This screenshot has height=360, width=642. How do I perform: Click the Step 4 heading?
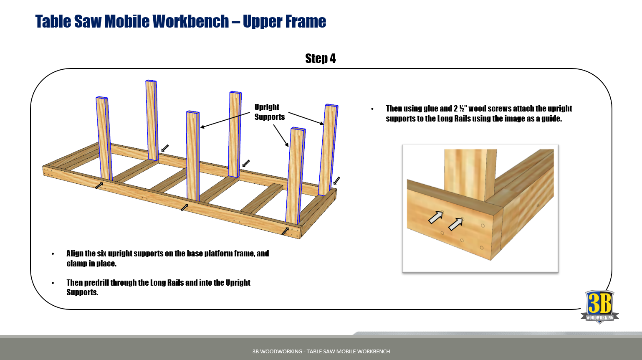point(320,58)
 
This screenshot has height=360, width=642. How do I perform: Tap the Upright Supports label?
point(269,112)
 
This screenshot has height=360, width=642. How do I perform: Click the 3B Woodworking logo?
point(599,307)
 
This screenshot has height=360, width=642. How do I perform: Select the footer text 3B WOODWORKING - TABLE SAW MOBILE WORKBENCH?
point(321,351)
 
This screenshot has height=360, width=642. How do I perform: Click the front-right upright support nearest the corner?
point(296,175)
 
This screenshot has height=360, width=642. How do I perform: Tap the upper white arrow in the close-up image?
point(435,217)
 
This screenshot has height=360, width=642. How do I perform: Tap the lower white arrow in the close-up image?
point(455,224)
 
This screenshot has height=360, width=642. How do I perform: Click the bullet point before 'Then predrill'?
point(53,283)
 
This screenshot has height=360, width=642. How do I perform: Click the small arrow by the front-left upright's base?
point(99,185)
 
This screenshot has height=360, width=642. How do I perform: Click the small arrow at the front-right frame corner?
point(285,231)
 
